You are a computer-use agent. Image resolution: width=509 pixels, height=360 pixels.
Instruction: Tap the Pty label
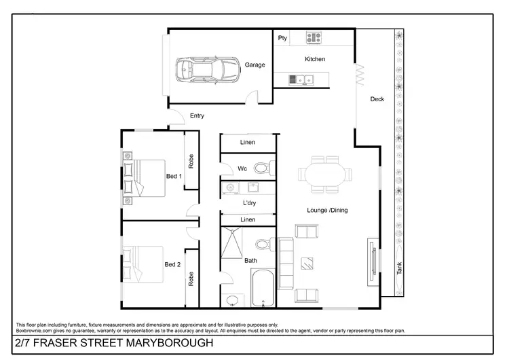click(x=282, y=38)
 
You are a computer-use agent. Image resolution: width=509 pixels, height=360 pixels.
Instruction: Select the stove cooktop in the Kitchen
click(x=314, y=38)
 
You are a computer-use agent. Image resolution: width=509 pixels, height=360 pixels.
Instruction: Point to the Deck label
click(x=377, y=99)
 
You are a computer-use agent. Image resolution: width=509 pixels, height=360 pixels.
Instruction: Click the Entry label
click(x=197, y=116)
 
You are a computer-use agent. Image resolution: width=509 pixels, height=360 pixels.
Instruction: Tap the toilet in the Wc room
click(x=263, y=168)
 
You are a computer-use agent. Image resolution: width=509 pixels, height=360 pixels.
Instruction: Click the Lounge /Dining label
click(x=327, y=211)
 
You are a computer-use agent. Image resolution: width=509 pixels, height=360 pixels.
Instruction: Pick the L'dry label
click(x=248, y=203)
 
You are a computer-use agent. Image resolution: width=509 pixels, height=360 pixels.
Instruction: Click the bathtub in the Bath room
click(x=262, y=289)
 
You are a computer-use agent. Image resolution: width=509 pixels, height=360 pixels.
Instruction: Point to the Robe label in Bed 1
click(x=191, y=161)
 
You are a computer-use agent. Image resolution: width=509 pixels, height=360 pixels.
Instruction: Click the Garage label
click(x=255, y=65)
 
